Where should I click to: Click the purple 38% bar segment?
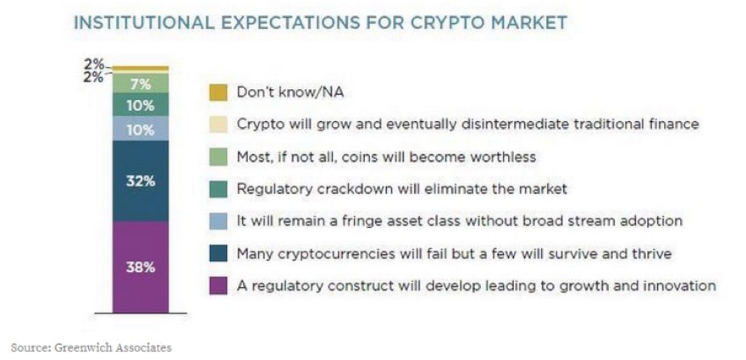[x=141, y=267]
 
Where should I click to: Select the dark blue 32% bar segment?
[x=141, y=181]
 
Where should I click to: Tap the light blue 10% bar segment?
[x=141, y=129]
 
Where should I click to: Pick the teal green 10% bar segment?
[x=141, y=105]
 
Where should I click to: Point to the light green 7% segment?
[x=141, y=83]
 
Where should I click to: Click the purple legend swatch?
[x=218, y=285]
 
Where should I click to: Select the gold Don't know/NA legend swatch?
[x=218, y=92]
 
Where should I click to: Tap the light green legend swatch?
[x=218, y=157]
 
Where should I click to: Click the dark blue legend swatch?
[x=218, y=253]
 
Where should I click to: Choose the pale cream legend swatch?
[x=218, y=125]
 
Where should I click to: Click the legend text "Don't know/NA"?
[x=290, y=91]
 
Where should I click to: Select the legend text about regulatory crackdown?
[x=402, y=189]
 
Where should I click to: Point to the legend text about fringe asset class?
[x=460, y=221]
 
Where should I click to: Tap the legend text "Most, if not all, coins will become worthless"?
[x=386, y=157]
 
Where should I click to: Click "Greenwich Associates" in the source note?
[x=113, y=347]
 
